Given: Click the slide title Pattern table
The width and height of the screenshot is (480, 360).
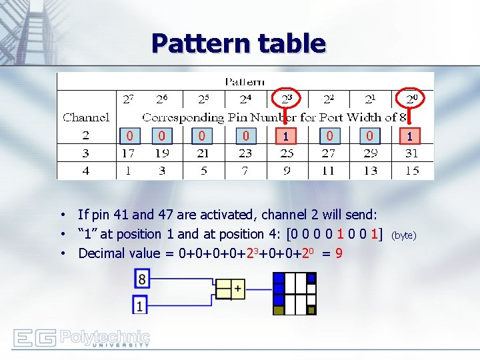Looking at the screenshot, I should click(x=238, y=43).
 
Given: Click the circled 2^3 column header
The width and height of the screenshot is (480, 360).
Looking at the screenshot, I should click(x=286, y=99).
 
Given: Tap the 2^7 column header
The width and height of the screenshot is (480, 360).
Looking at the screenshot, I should click(x=128, y=99).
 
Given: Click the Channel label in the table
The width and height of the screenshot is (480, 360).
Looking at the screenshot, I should click(x=86, y=117).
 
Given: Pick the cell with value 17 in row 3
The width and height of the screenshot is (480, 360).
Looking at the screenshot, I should click(x=128, y=153).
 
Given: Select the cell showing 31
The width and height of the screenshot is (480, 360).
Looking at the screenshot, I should click(x=411, y=153).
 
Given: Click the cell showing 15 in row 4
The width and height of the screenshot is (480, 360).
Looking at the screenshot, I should click(x=411, y=171).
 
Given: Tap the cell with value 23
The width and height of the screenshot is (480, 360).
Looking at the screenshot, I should click(x=245, y=153).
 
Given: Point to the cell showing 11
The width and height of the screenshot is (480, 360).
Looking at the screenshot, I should click(x=328, y=171).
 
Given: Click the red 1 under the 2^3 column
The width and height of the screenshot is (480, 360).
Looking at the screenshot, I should click(x=286, y=136).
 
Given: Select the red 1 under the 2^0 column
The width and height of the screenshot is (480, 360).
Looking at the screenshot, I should click(x=410, y=136).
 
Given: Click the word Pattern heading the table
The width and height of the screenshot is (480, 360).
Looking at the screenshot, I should click(x=245, y=82).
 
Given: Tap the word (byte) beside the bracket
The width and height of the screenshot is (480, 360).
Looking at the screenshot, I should click(x=403, y=235).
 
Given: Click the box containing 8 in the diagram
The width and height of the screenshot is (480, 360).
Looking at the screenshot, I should click(x=141, y=278).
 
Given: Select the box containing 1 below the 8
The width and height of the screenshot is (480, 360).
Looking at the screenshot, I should click(x=140, y=305).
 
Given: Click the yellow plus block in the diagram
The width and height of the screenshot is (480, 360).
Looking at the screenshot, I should click(x=237, y=289).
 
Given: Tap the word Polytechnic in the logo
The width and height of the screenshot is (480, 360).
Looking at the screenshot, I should click(x=105, y=336).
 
